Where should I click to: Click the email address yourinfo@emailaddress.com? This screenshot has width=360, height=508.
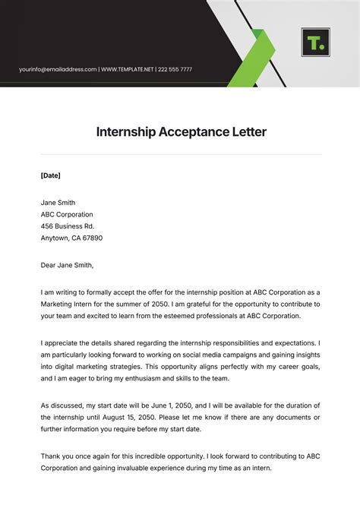point(58,70)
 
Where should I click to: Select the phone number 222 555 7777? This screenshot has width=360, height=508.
point(175,70)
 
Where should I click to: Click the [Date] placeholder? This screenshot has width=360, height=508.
point(50,175)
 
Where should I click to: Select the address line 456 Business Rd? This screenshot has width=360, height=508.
point(67,226)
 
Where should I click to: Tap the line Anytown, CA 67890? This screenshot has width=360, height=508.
point(71,238)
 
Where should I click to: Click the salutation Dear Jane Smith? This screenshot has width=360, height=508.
point(67,265)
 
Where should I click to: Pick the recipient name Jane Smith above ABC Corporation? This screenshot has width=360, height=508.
point(58,202)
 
